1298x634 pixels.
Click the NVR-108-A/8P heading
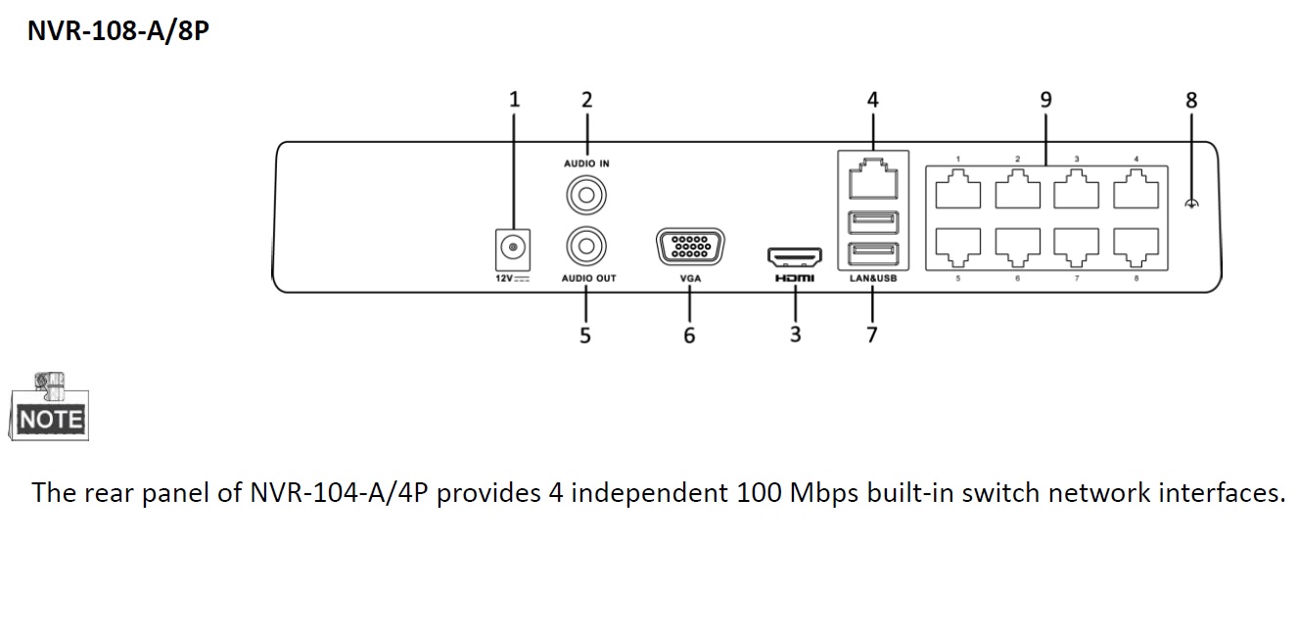pos(117,30)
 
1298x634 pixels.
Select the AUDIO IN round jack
pos(585,196)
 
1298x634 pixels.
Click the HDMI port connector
pos(795,257)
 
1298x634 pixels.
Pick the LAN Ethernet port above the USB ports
pos(872,183)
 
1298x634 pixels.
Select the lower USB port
pos(872,254)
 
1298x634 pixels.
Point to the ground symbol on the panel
pos(1191,203)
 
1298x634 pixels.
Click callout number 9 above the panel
pos(1045,100)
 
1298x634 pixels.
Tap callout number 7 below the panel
pos(871,335)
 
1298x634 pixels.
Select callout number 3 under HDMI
pos(795,335)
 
